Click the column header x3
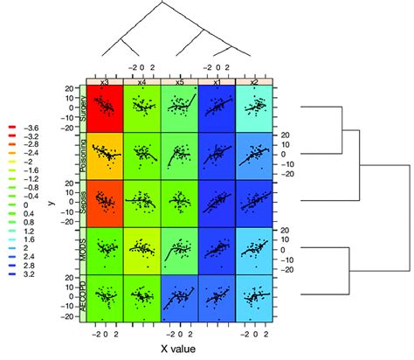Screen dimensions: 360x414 104,81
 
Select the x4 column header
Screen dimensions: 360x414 142,81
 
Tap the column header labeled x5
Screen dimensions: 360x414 180,81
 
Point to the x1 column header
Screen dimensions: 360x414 217,81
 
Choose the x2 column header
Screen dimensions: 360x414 255,81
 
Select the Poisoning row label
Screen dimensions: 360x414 84,156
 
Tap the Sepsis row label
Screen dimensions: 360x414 84,204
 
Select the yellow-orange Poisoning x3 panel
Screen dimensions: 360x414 105,156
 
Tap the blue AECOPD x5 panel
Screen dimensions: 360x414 180,298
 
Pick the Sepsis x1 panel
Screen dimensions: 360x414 217,204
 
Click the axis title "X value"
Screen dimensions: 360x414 180,350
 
